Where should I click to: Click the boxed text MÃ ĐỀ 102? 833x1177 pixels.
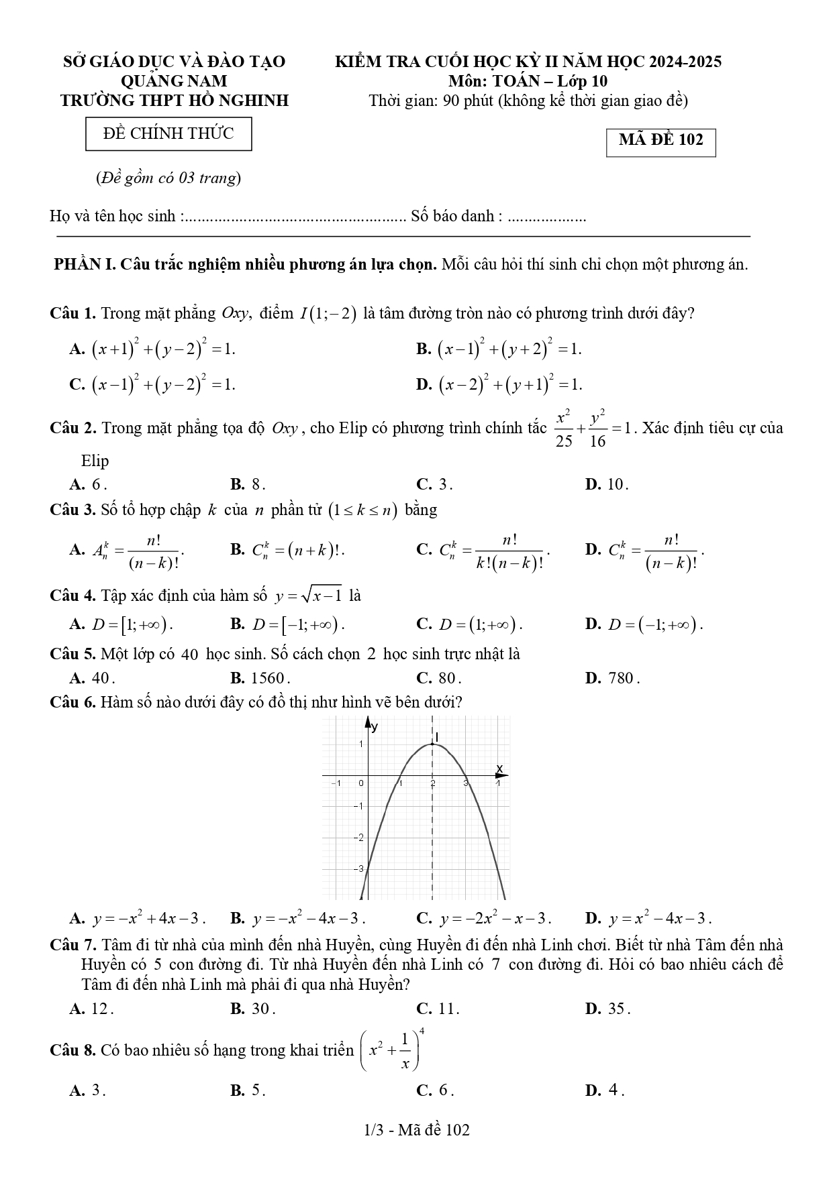click(660, 141)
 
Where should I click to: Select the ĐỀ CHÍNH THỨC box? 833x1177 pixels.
click(168, 133)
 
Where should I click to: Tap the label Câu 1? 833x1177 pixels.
click(72, 313)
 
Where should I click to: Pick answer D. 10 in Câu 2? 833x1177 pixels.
click(607, 484)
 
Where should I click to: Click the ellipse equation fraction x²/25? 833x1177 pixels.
click(564, 428)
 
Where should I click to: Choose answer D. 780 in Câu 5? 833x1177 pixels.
click(612, 678)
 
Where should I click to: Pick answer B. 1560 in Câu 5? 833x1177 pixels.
click(260, 678)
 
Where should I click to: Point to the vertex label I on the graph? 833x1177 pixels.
click(437, 737)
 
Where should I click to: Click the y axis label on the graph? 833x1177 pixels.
click(375, 726)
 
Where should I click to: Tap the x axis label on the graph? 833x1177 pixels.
click(499, 769)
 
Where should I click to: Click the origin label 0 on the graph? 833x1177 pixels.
click(360, 783)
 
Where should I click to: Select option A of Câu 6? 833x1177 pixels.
click(138, 918)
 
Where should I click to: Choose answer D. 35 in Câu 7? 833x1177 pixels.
click(607, 1008)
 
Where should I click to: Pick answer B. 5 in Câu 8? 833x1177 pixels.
click(248, 1090)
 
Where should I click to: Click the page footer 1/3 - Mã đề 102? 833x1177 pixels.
click(416, 1130)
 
